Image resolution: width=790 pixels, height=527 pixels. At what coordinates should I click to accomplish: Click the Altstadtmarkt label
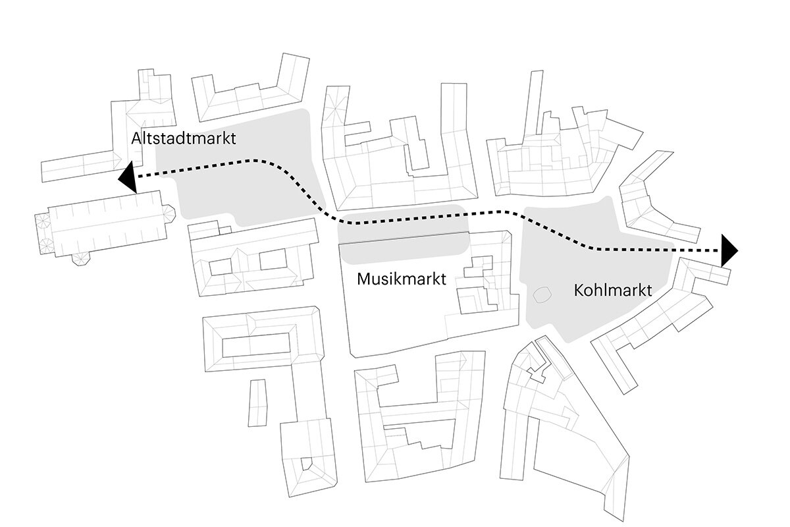183,139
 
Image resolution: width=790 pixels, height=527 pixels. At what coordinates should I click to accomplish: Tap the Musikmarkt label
402,279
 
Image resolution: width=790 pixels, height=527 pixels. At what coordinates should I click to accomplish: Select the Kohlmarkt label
612,290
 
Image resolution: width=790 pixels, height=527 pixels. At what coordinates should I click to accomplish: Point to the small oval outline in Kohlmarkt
542,295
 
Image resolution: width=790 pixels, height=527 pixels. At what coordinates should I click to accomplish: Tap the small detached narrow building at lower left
257,402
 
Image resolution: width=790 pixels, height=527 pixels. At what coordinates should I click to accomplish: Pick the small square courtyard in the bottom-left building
307,464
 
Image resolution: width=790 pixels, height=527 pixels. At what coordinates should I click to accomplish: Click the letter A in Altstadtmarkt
136,139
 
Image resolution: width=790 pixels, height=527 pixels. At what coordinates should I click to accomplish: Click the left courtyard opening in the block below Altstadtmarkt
221,266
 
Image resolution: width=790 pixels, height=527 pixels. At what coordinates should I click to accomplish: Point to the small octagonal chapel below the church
82,258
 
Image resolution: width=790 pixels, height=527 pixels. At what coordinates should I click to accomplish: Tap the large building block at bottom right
560,428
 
